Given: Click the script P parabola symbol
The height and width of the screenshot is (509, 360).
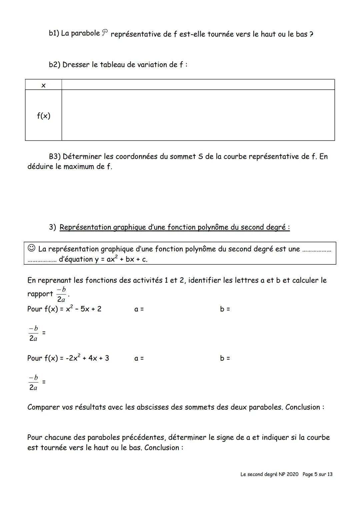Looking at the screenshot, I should (105, 33).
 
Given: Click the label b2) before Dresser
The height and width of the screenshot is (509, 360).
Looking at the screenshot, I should (55, 65).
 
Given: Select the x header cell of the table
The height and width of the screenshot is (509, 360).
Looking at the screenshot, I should (43, 85).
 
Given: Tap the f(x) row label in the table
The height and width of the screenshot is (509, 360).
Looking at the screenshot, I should (43, 116).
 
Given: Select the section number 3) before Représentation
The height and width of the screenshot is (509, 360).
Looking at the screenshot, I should (53, 227).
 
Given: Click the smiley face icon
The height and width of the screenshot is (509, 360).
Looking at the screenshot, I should (31, 248).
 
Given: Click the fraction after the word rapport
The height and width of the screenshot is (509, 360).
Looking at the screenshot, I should (61, 294).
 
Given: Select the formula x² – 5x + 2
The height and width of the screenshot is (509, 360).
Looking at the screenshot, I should (84, 309).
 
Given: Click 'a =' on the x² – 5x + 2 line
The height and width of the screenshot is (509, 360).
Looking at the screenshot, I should (139, 309).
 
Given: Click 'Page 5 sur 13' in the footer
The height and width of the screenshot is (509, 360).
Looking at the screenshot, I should (317, 474).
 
